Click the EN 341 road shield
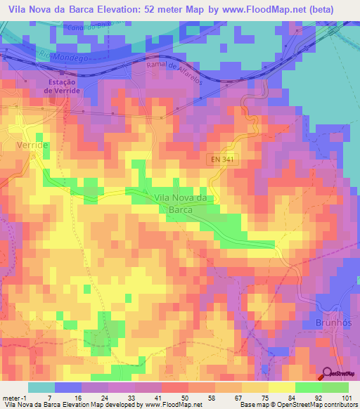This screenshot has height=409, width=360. point(220,160)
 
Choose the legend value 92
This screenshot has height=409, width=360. point(319,397)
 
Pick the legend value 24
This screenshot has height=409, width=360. point(104,397)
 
